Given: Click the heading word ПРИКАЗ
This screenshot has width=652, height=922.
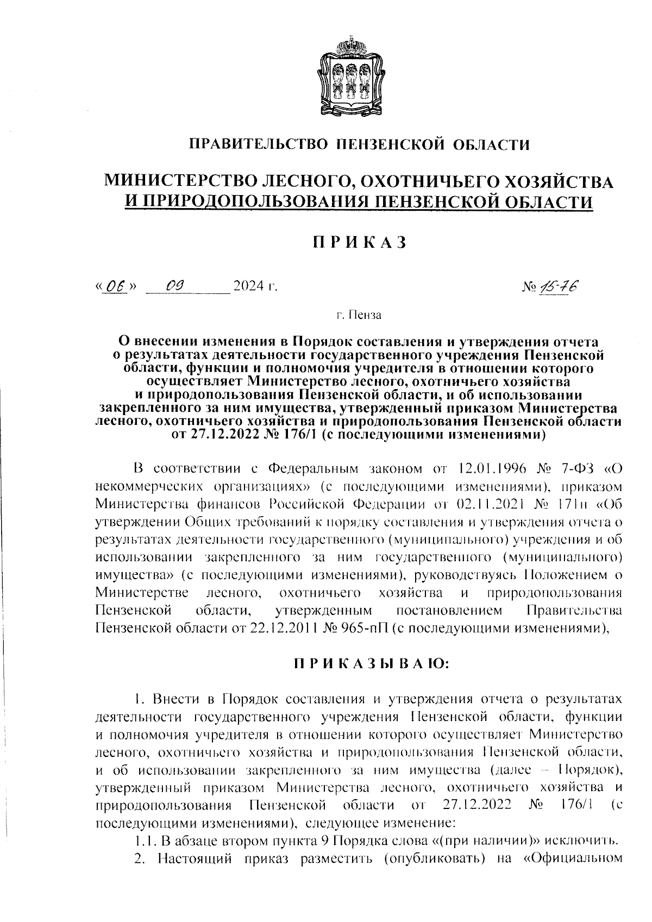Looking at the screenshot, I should click(359, 242).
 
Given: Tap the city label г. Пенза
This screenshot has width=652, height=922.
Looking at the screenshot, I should click(359, 315).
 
